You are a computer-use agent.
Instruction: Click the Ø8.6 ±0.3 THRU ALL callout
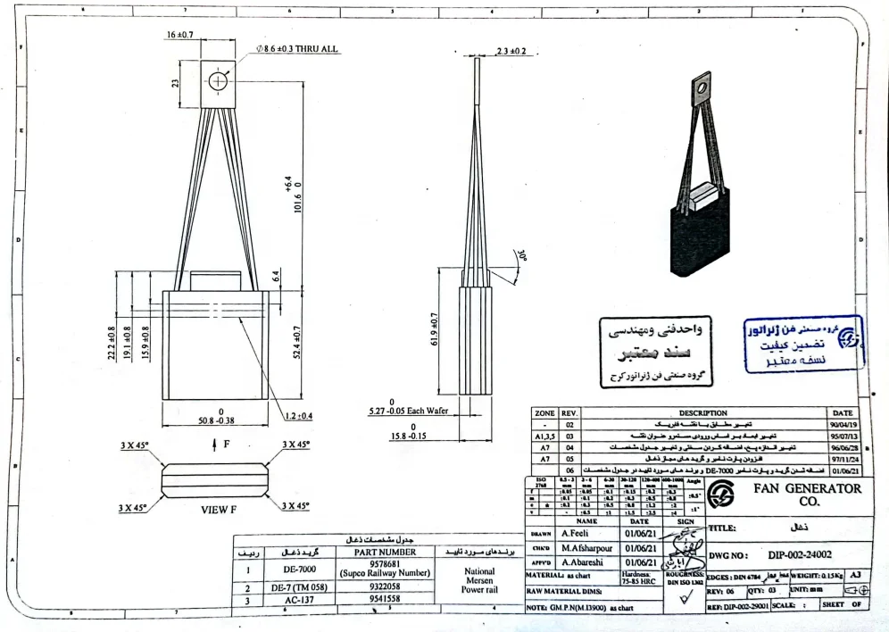click(x=297, y=48)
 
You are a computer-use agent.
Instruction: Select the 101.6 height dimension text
click(x=287, y=193)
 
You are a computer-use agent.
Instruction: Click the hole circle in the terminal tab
click(x=218, y=82)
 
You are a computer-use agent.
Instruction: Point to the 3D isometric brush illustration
click(x=702, y=170)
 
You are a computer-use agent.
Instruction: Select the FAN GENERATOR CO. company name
click(x=808, y=495)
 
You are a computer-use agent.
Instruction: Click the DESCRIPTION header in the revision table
click(x=702, y=413)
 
